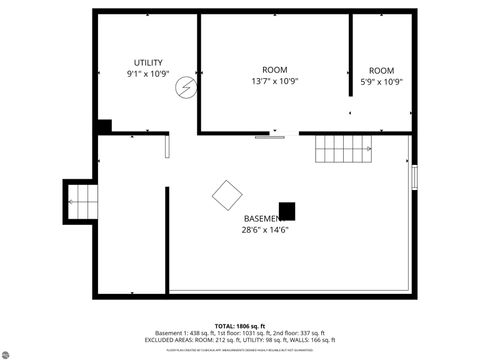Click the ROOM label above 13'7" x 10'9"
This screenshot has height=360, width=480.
[x=275, y=70]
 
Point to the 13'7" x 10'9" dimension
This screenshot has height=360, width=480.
[x=275, y=82]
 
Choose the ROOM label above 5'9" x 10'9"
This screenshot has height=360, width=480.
[x=382, y=70]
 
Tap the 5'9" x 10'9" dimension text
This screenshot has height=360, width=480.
[x=382, y=82]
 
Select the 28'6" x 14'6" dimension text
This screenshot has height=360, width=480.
[x=265, y=230]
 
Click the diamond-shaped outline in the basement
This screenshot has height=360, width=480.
[x=227, y=194]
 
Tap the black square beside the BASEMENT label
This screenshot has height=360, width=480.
[x=287, y=211]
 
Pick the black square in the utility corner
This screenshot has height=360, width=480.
[x=104, y=126]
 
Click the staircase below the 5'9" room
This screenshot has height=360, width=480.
[x=344, y=150]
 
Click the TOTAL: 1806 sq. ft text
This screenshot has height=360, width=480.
[x=240, y=326]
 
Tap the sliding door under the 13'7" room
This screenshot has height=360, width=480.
[x=270, y=136]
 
